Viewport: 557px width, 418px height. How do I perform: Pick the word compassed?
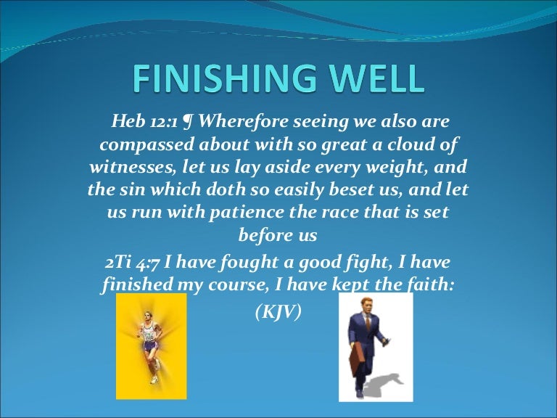(x=135, y=144)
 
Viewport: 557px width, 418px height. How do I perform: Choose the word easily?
(x=311, y=190)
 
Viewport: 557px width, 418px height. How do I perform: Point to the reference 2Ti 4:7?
(x=135, y=261)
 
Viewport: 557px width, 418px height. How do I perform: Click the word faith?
(x=432, y=284)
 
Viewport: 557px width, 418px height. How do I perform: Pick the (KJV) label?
(x=278, y=313)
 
